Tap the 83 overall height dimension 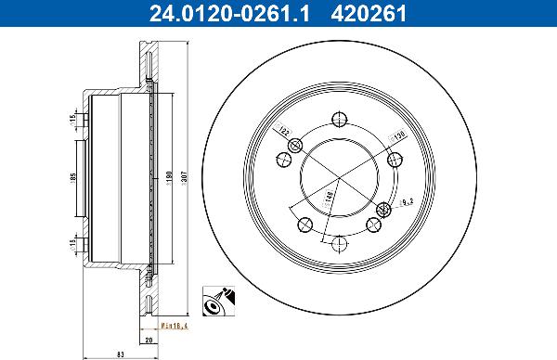tap(109, 353)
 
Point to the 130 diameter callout tap(397, 134)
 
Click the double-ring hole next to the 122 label tap(296, 146)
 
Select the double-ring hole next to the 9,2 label tap(382, 207)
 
